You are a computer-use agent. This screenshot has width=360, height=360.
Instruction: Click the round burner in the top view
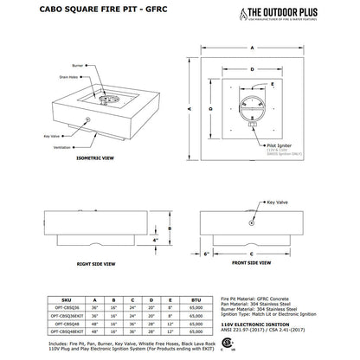(x=251, y=110)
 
